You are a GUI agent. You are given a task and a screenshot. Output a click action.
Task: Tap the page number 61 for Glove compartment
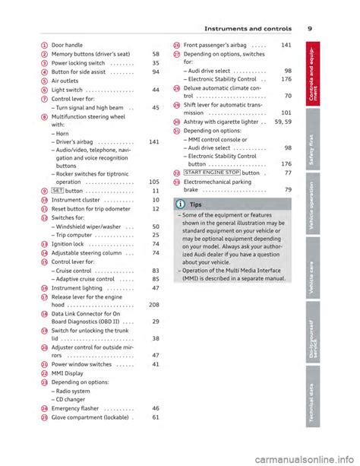[x=154, y=417]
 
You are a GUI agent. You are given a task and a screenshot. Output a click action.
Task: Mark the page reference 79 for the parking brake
[x=289, y=190]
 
